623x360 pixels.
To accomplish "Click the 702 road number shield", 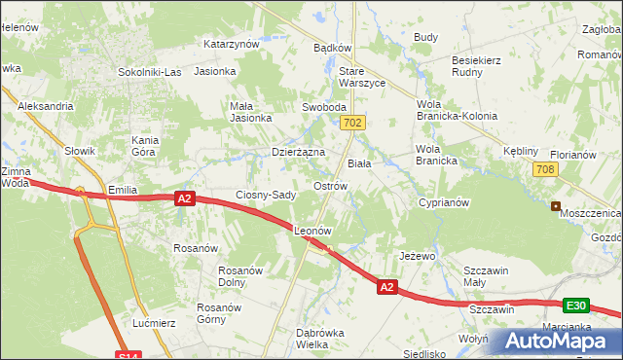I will point(353,123).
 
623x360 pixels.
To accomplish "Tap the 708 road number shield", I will point(545,170).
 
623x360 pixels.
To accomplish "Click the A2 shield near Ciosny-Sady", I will point(185,198).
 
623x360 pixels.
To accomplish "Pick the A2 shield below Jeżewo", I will point(386,287).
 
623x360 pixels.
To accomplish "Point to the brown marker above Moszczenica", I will point(556,206).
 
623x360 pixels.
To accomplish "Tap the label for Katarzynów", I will point(231,44).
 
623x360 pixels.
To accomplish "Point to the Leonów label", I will point(313,232).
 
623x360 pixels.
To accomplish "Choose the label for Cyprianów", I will point(444,203).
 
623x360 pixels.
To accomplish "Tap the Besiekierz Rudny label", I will point(476,66).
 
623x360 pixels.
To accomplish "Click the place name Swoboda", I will point(325,107).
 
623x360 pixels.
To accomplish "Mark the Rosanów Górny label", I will point(218,313).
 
